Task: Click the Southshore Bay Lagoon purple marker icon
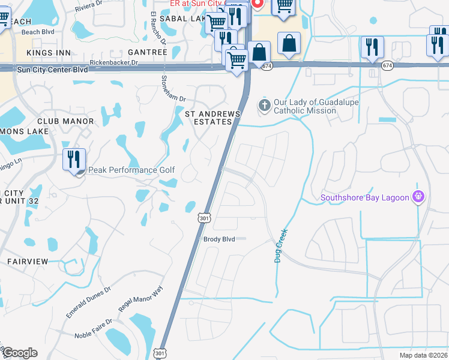(x=419, y=197)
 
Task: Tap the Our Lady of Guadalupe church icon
(x=265, y=106)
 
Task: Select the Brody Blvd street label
(x=218, y=238)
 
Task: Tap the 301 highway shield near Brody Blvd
(x=204, y=219)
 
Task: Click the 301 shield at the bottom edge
(x=159, y=353)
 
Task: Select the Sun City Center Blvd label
(x=53, y=70)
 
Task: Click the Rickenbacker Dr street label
(x=114, y=62)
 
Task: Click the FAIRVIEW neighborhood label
(x=28, y=262)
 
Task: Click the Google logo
(x=19, y=353)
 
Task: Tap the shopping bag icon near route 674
(x=289, y=44)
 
